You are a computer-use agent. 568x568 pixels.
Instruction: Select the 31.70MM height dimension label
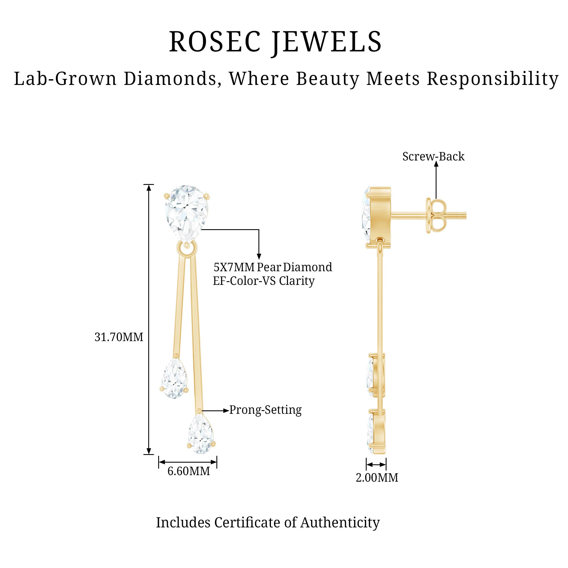(x=119, y=337)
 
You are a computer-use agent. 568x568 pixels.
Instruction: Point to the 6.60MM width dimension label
(x=189, y=471)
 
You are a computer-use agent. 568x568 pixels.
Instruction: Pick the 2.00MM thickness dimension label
(x=377, y=477)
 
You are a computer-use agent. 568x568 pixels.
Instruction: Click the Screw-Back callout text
(x=433, y=156)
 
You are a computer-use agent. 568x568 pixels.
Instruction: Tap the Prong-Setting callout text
(x=266, y=410)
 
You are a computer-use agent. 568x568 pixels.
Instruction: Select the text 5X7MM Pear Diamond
(x=273, y=267)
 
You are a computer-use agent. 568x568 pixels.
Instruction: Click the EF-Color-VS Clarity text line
(x=264, y=281)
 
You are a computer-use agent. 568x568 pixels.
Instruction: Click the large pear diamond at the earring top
(x=187, y=214)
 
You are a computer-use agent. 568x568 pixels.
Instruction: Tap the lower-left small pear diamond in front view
(x=175, y=378)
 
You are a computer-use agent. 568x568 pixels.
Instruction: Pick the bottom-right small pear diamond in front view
(x=201, y=434)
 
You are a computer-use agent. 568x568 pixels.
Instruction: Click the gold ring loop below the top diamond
(x=187, y=249)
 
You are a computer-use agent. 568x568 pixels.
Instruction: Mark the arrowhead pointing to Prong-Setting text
(x=226, y=411)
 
